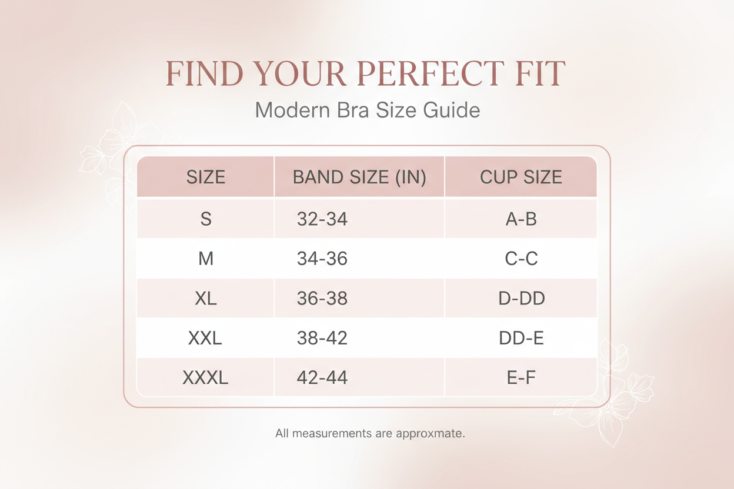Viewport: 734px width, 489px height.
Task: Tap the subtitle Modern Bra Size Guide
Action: (367, 110)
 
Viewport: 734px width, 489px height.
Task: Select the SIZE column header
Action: (206, 177)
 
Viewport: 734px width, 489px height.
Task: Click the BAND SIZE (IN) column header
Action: (359, 177)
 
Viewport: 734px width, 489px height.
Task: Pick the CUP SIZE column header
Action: (521, 177)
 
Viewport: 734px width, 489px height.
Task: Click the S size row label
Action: (206, 219)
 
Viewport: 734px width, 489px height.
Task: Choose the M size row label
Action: (206, 259)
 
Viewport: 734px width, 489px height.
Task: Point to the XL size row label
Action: (206, 298)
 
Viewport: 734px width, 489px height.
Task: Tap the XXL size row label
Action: (205, 338)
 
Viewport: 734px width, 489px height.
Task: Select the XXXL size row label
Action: (205, 377)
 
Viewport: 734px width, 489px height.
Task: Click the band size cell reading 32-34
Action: (322, 219)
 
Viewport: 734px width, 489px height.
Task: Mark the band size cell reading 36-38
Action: (322, 298)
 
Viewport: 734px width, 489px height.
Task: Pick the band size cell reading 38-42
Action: (322, 338)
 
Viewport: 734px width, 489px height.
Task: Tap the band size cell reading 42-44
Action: (322, 377)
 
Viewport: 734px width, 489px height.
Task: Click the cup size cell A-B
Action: (521, 219)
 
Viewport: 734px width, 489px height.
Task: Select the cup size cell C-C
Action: (521, 259)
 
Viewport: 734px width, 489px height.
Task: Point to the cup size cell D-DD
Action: (521, 298)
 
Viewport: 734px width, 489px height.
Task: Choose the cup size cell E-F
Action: (521, 377)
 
